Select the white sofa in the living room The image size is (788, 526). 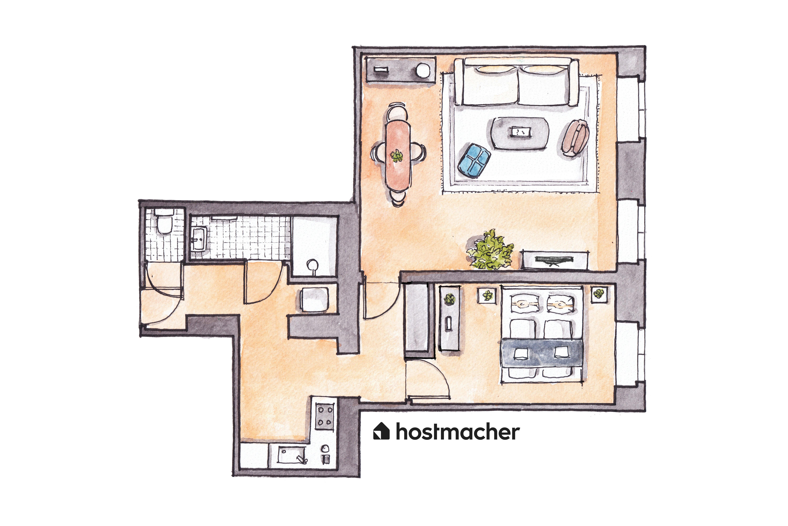[x=516, y=82]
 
